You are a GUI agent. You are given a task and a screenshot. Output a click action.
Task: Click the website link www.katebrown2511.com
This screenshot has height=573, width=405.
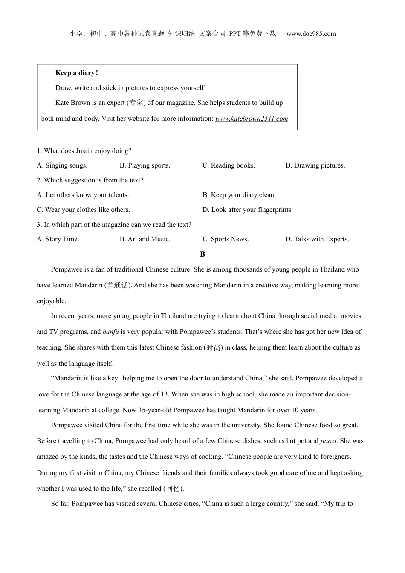(252, 119)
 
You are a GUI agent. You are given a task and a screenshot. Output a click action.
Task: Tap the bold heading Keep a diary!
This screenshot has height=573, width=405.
(77, 73)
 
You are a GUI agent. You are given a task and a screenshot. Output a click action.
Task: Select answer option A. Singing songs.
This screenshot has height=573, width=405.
(62, 165)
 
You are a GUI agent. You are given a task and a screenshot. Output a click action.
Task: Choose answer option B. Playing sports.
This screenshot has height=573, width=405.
(145, 165)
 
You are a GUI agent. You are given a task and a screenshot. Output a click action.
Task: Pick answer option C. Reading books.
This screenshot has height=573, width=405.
(229, 165)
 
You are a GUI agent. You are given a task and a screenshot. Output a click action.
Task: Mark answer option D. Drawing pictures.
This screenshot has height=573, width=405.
(315, 165)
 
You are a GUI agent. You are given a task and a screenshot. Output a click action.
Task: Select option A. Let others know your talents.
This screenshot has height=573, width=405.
(83, 195)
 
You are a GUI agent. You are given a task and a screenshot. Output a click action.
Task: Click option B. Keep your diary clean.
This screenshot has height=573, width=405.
(239, 195)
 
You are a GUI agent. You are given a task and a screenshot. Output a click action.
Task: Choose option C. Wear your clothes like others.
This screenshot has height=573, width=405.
(84, 210)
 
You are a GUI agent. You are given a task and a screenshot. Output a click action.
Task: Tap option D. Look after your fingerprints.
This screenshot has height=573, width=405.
(248, 210)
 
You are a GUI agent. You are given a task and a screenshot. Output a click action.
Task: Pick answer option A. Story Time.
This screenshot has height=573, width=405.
(58, 239)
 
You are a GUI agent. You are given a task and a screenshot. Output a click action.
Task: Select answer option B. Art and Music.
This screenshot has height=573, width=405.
(145, 239)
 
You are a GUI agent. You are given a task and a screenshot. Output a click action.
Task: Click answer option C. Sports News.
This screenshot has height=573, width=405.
(226, 239)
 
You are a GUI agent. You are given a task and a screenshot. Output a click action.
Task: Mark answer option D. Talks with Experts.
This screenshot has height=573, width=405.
(317, 239)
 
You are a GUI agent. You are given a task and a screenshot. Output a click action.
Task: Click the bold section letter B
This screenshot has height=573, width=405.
(202, 254)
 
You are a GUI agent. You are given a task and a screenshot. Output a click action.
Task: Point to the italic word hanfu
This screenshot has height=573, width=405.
(111, 332)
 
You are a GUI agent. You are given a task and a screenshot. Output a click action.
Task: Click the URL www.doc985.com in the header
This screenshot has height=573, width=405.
(311, 34)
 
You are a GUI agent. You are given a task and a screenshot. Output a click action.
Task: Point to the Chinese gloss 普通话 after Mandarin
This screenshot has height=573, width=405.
(118, 286)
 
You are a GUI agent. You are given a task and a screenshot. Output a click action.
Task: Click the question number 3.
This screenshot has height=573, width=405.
(39, 225)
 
